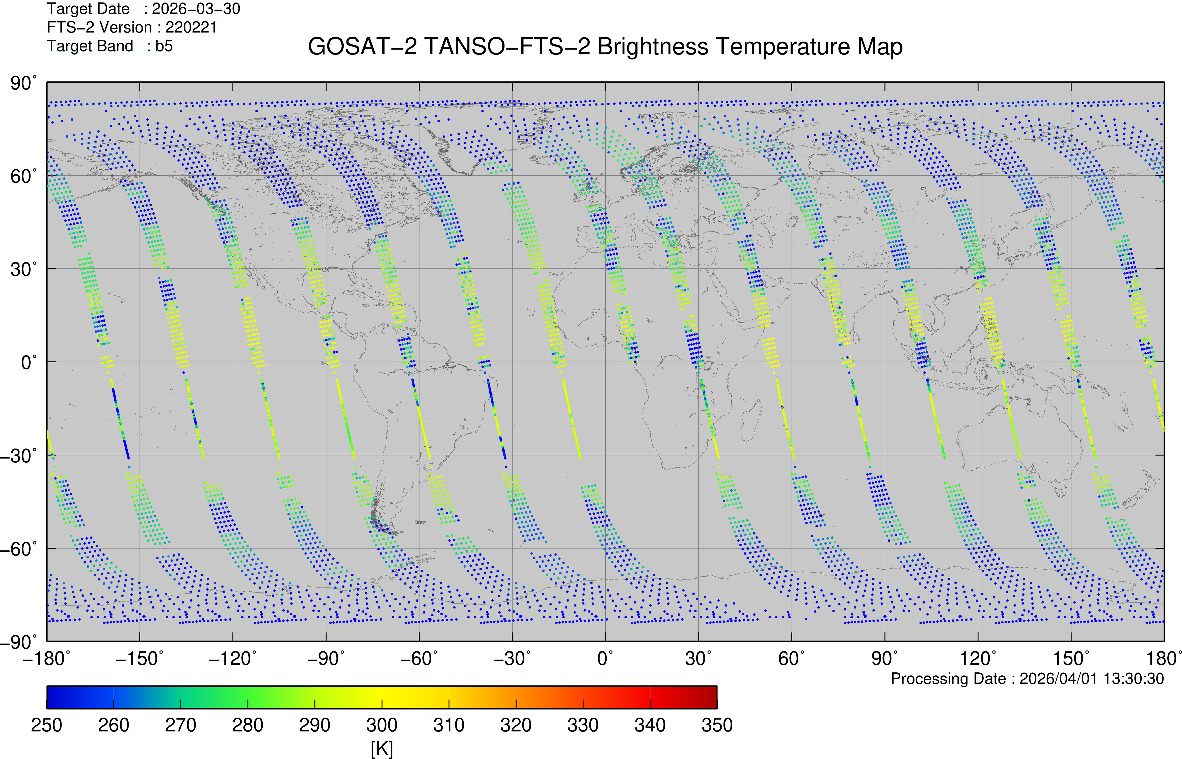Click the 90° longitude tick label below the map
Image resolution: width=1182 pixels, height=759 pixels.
point(884,659)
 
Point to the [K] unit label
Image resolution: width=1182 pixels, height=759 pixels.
point(382,749)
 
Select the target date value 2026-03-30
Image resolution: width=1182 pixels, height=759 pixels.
point(196,9)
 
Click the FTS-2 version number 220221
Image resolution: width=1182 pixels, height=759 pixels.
point(191,28)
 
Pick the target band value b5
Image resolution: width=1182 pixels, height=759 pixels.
point(164,46)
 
